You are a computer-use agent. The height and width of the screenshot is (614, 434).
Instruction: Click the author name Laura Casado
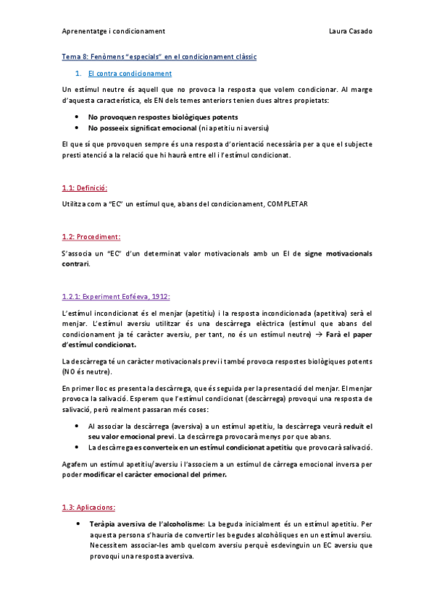(x=351, y=31)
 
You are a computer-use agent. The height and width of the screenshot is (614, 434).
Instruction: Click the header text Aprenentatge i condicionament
(x=113, y=31)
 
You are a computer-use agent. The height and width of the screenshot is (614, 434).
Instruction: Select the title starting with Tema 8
(x=159, y=56)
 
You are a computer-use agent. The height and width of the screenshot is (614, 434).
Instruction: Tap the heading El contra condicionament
(x=130, y=73)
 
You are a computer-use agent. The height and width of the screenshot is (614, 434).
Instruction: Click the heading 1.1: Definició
(x=85, y=188)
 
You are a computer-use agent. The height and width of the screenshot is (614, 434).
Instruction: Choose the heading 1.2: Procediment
(x=91, y=236)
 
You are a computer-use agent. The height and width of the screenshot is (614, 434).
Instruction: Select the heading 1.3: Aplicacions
(x=89, y=507)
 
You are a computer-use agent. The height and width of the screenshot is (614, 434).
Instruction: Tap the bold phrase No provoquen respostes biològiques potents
(x=162, y=117)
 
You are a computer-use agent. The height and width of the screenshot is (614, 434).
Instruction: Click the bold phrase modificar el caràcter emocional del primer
(x=165, y=475)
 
